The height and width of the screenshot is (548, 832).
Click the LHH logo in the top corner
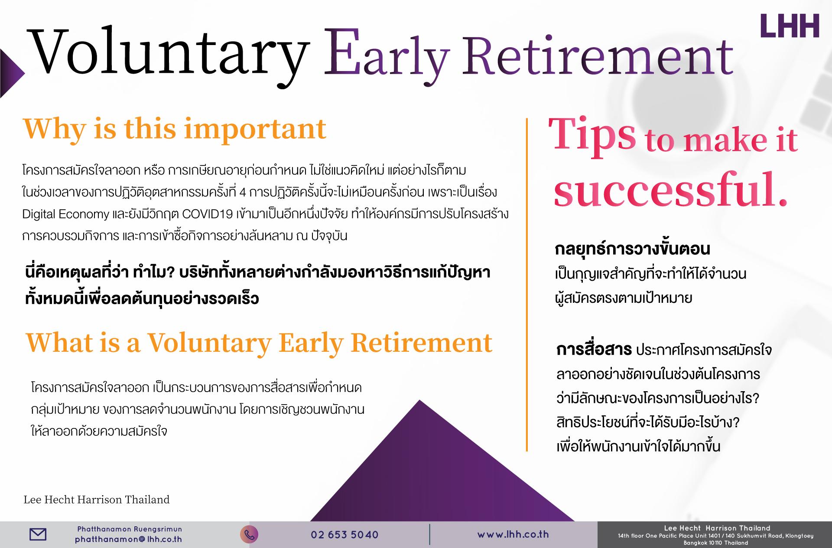click(790, 26)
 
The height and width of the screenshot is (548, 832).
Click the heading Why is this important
click(174, 130)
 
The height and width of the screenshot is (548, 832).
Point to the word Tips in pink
click(592, 135)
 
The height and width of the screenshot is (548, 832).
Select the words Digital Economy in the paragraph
click(65, 214)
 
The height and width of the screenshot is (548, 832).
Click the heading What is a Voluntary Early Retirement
click(259, 343)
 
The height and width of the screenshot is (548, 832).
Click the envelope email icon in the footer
click(38, 535)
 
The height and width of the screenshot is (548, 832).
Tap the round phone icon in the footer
click(249, 535)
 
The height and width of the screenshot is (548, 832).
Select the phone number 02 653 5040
click(344, 535)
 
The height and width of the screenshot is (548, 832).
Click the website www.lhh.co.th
click(513, 535)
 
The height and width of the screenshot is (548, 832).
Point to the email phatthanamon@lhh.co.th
click(128, 540)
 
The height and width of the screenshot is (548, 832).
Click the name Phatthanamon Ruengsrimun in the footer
click(130, 529)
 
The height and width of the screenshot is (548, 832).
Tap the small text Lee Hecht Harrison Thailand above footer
click(96, 500)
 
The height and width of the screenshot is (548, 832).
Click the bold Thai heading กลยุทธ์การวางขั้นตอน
click(632, 250)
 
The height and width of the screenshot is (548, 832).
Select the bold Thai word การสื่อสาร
click(594, 350)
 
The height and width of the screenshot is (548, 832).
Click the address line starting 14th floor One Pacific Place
click(715, 536)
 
